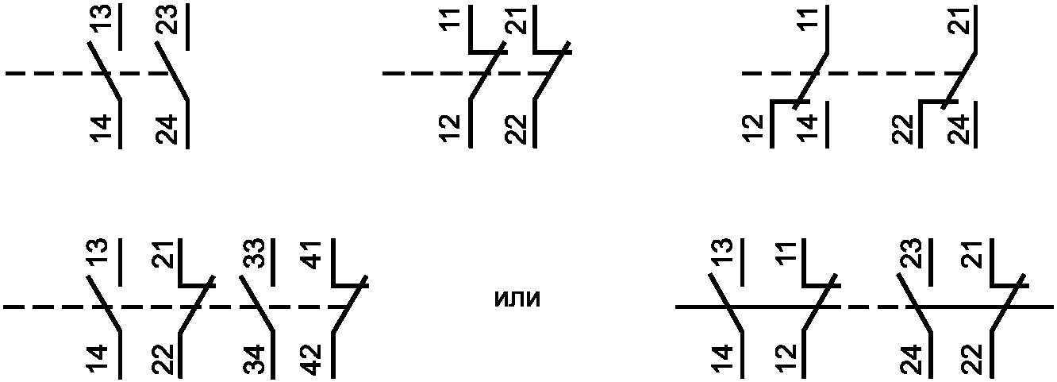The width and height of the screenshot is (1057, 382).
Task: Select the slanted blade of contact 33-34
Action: click(257, 303)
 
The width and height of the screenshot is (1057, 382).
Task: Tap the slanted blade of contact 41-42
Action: click(349, 304)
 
